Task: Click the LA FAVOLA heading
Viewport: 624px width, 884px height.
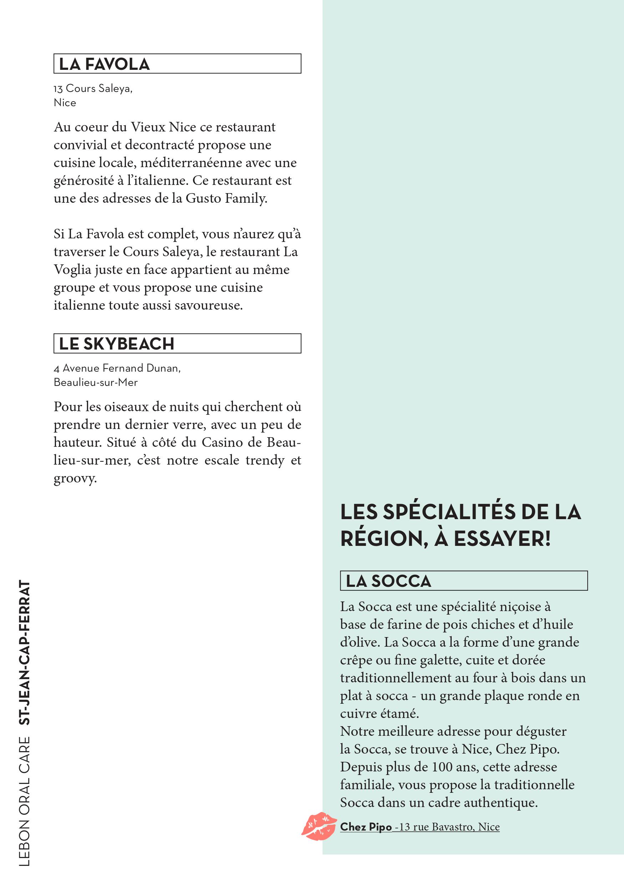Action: point(104,64)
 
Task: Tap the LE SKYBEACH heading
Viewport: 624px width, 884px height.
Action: point(116,343)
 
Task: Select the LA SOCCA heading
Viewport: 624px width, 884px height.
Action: point(388,581)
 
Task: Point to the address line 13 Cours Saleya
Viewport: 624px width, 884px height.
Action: point(93,89)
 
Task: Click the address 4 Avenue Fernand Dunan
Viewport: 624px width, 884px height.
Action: point(117,368)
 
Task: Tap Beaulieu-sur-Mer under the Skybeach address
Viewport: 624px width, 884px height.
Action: point(96,382)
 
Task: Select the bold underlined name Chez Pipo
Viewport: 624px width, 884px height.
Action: point(365,827)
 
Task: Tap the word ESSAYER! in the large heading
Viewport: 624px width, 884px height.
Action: point(502,539)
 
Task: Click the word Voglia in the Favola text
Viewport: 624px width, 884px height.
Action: point(72,269)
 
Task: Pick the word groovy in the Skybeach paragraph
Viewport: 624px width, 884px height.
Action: point(75,479)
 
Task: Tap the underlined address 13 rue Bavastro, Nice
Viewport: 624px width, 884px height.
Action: point(449,827)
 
